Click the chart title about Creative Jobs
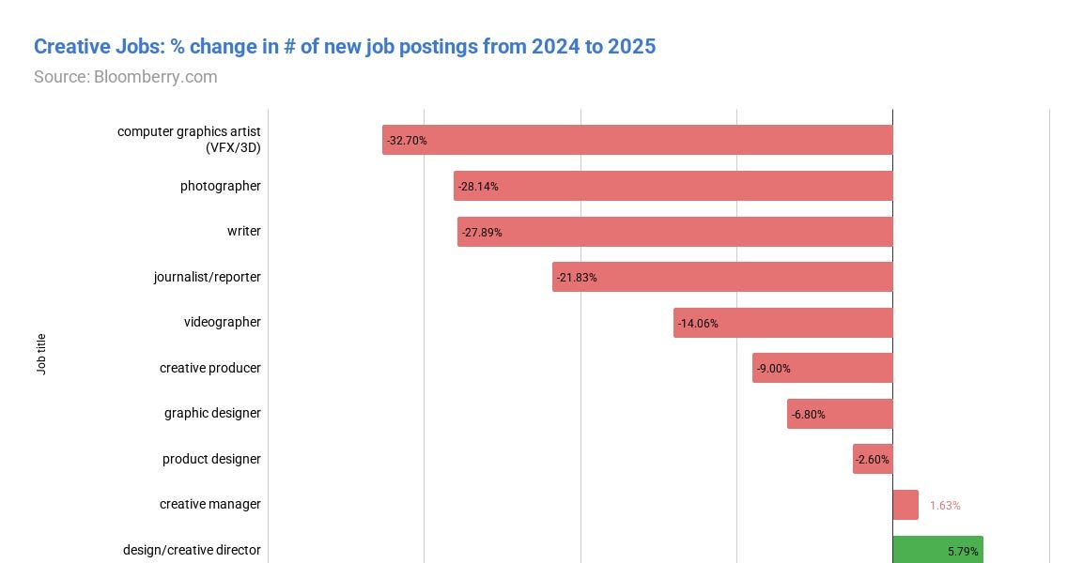click(x=344, y=46)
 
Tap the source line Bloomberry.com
click(x=125, y=77)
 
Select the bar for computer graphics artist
click(x=637, y=140)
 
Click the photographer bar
click(x=673, y=186)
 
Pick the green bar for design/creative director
click(x=936, y=550)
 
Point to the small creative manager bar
click(x=905, y=505)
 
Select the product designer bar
click(x=873, y=459)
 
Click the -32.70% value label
click(x=407, y=141)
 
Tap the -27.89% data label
click(x=482, y=232)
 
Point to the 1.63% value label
click(x=945, y=506)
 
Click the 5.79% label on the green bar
click(x=963, y=552)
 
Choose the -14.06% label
click(x=698, y=324)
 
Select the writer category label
click(x=243, y=231)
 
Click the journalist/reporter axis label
click(x=208, y=277)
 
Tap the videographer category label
click(x=222, y=322)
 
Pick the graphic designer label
click(x=212, y=413)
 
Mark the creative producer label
click(x=209, y=368)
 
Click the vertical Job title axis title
click(x=41, y=354)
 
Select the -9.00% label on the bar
click(x=774, y=369)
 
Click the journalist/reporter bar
click(x=722, y=277)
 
